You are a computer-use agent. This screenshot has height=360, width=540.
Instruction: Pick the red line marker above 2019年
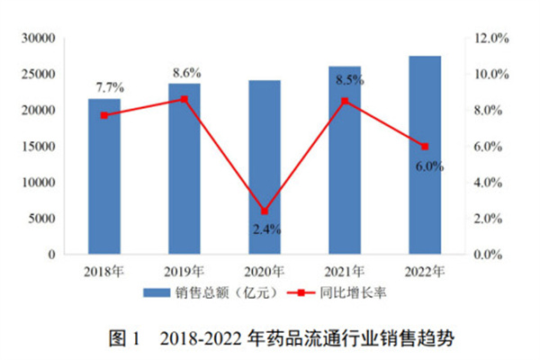click(x=184, y=99)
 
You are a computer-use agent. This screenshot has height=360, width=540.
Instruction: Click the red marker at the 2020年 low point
click(x=264, y=211)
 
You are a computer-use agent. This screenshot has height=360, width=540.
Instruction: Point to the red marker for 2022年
click(x=425, y=147)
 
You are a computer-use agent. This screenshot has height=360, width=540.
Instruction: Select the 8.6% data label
click(x=185, y=71)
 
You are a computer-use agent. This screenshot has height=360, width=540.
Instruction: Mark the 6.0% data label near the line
click(x=426, y=166)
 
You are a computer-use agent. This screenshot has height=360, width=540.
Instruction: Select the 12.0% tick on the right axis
click(x=492, y=39)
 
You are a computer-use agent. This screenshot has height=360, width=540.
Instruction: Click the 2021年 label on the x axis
click(x=345, y=270)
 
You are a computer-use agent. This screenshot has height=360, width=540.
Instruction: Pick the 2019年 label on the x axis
click(x=184, y=270)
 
